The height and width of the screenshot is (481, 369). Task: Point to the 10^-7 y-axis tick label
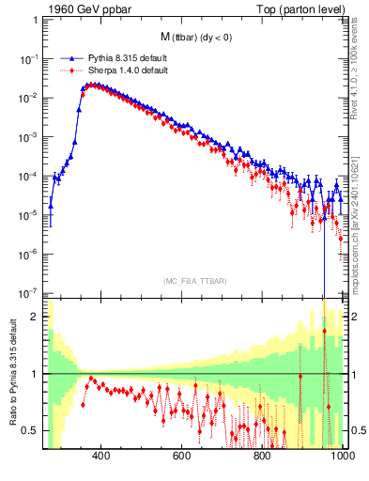click(x=32, y=292)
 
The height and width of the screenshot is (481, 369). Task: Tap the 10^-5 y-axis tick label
click(x=32, y=214)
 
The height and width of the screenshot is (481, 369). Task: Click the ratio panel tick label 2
click(x=37, y=317)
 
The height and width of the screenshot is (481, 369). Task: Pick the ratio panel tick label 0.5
click(x=33, y=430)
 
